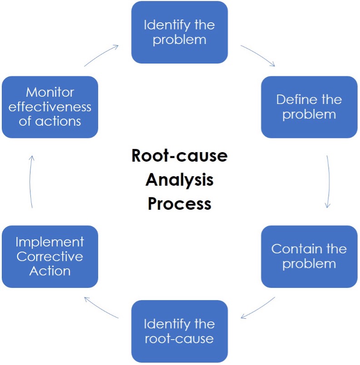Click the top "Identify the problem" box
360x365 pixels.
click(179, 32)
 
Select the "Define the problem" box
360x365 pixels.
click(309, 107)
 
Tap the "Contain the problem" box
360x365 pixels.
click(309, 256)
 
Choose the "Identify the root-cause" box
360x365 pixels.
click(179, 331)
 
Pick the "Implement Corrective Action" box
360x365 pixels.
click(50, 256)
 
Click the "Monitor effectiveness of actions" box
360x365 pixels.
click(50, 107)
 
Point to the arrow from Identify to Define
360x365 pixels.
click(258, 55)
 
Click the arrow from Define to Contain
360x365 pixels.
click(328, 182)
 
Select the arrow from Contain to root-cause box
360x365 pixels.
click(258, 308)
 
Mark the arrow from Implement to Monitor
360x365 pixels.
click(31, 182)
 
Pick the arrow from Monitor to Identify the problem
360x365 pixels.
click(102, 55)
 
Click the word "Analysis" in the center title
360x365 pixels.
click(179, 180)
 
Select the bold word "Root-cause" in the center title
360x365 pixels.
click(179, 156)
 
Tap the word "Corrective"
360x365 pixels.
click(50, 256)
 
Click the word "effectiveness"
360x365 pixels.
click(50, 107)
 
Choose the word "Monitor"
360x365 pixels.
click(50, 92)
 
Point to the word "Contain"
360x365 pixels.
click(291, 249)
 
